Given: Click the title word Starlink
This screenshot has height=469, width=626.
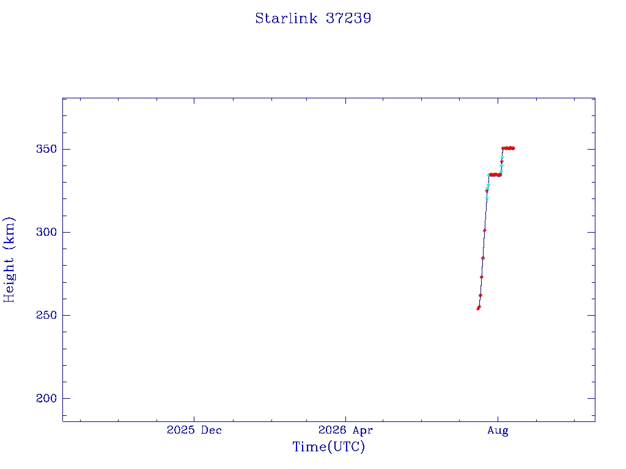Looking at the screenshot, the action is point(286,18).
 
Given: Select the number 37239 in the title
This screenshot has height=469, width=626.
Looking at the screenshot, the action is point(348,18).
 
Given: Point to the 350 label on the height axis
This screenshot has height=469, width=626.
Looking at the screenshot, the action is point(46,149).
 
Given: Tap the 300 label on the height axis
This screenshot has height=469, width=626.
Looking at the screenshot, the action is point(46,232).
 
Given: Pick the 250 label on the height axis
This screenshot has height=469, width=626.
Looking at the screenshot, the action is point(46,315).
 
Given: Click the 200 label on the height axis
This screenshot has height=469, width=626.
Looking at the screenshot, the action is point(46,398).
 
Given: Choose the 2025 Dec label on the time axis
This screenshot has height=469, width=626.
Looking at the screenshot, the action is point(194,430).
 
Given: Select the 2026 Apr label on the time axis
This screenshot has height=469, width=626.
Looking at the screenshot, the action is point(346,431).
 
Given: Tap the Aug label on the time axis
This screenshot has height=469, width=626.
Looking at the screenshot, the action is point(498,431).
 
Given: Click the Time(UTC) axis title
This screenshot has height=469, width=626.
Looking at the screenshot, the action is point(328,446).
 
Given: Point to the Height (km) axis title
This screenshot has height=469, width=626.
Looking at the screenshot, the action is point(9,260).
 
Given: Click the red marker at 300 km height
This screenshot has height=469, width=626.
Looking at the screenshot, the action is point(485,230).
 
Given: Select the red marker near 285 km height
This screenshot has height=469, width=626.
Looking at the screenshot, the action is point(483,258).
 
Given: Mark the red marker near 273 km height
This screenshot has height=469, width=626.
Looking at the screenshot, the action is point(482,277).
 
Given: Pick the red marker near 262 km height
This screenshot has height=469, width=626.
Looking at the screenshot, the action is point(481,296).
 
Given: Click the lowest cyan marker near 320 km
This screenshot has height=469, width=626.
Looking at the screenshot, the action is point(487,198).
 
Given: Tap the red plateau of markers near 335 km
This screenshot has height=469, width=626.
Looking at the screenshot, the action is point(495,175).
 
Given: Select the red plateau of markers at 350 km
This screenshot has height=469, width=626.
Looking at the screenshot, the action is point(508,148).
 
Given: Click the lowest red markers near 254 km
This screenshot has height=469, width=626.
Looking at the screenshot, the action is point(478,308).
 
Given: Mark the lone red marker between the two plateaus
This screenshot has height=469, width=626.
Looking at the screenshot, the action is point(502,162).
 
